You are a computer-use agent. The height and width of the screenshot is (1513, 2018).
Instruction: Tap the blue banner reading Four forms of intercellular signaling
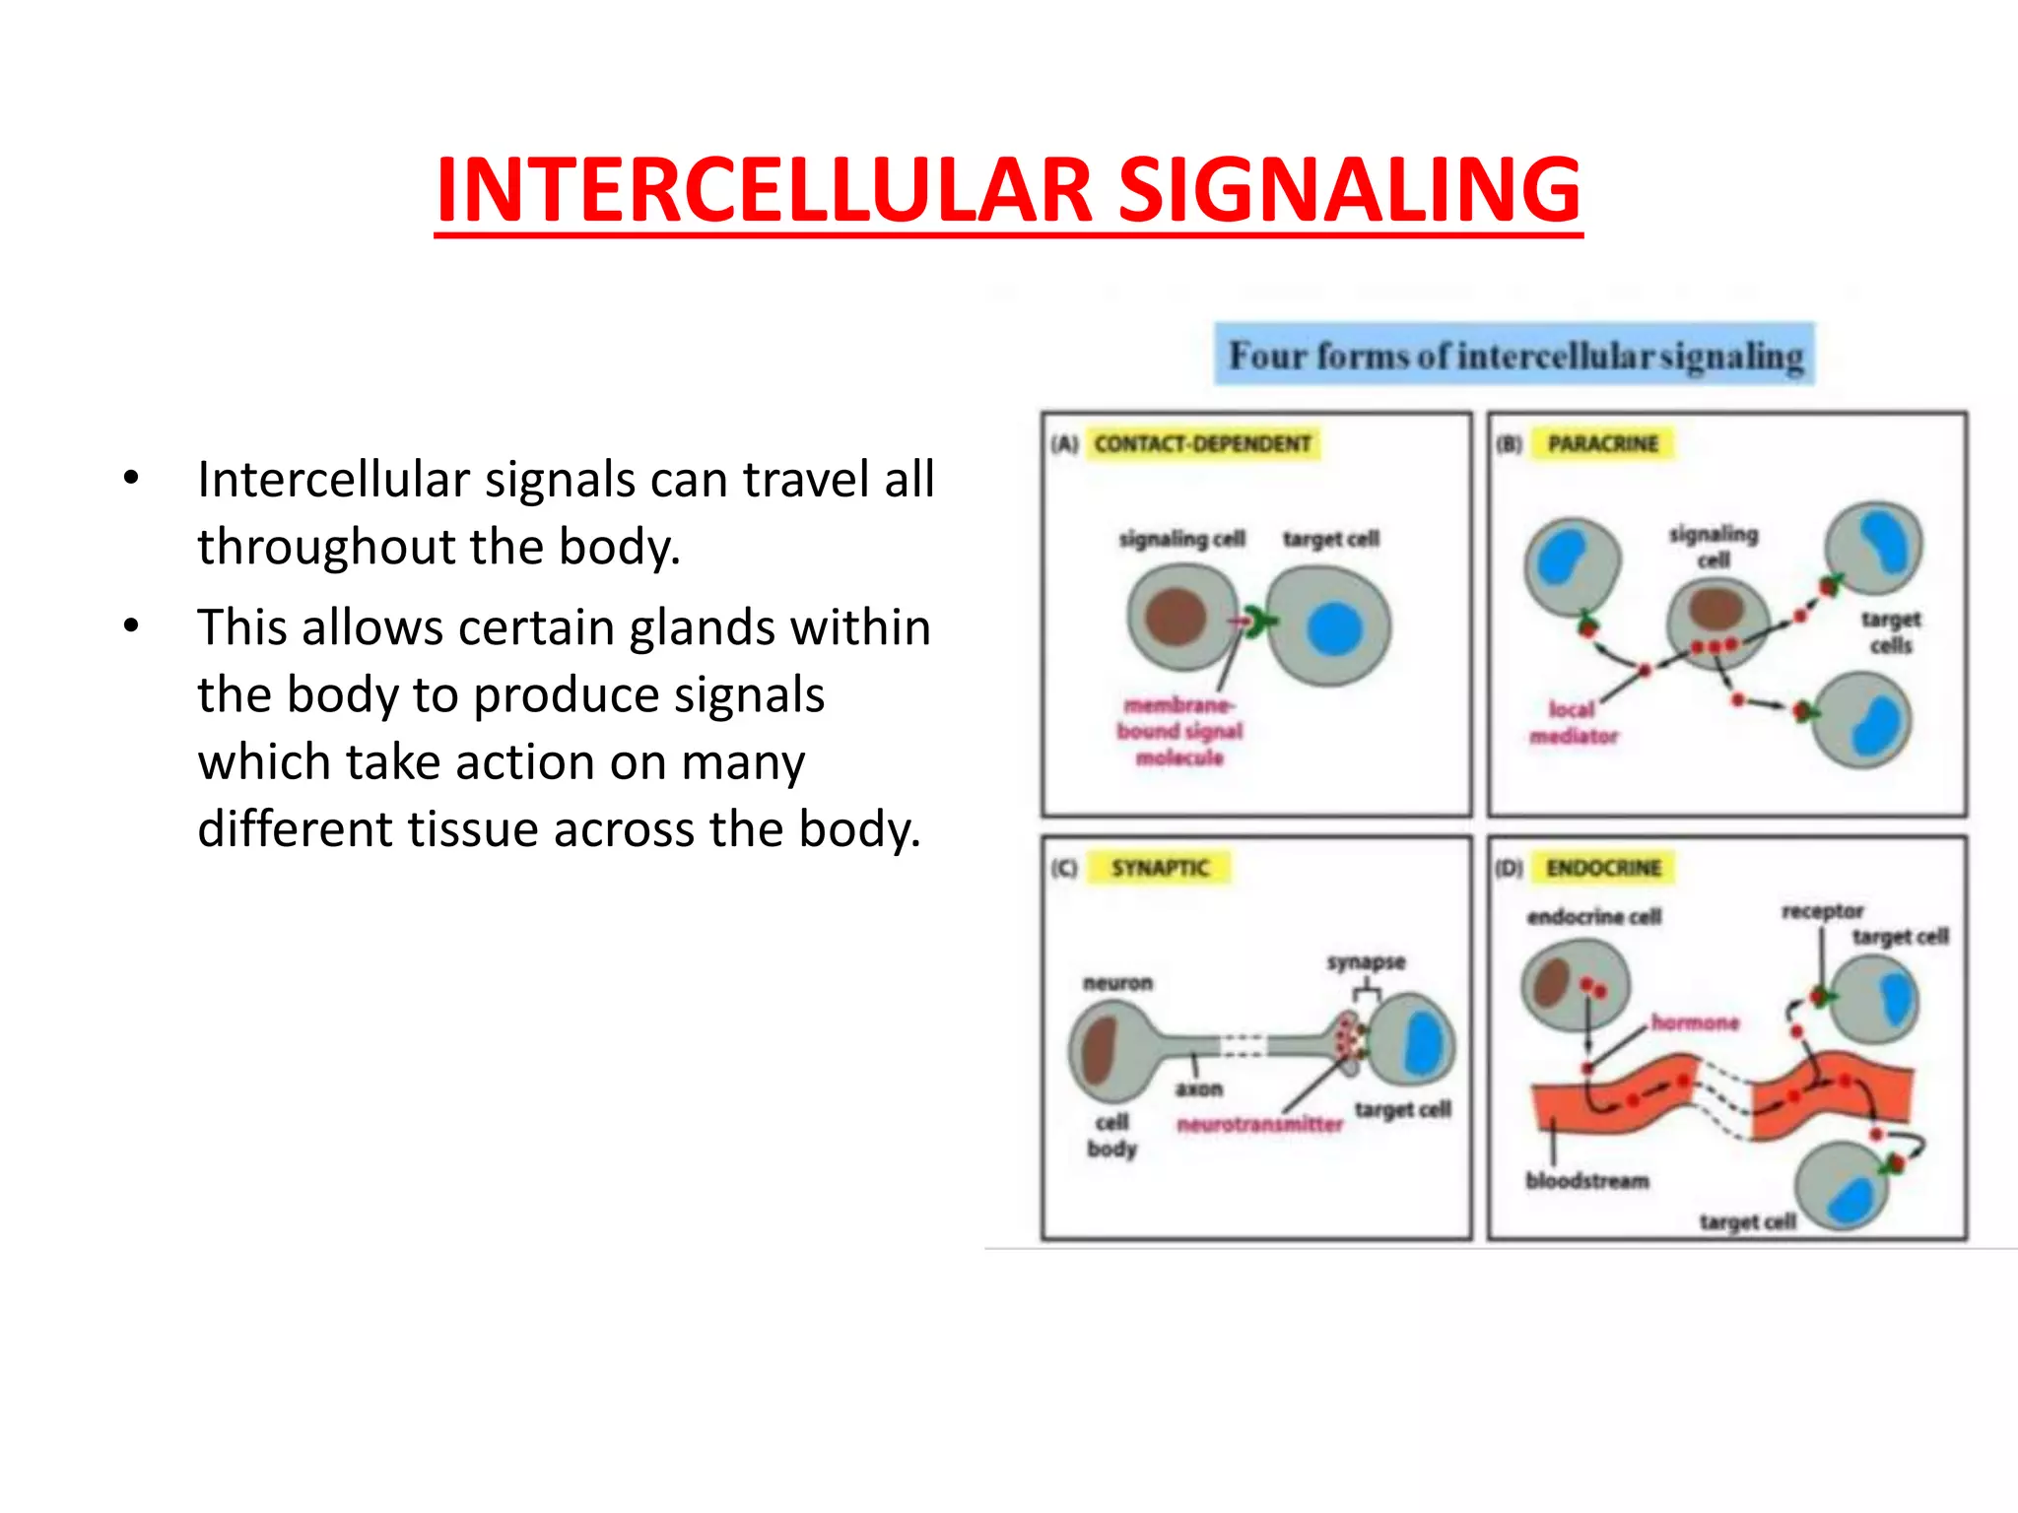[x=1514, y=355]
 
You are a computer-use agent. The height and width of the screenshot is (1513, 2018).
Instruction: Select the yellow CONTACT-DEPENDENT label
[x=1202, y=444]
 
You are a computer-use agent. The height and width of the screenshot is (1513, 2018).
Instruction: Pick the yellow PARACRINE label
[x=1603, y=444]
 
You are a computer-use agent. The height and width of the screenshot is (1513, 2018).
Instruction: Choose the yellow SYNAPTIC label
[x=1160, y=868]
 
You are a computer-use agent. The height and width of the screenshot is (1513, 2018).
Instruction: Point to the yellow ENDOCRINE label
[x=1603, y=868]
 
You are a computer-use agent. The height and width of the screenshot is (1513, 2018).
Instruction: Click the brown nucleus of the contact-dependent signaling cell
[x=1176, y=617]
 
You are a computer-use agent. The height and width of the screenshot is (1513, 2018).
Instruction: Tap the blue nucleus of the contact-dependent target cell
[x=1334, y=628]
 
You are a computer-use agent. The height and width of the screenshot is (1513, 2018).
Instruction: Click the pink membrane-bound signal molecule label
[x=1179, y=731]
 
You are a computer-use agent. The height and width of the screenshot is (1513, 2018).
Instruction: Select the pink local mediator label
[x=1573, y=722]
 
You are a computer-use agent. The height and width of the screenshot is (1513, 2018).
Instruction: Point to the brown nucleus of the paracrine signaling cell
[x=1716, y=608]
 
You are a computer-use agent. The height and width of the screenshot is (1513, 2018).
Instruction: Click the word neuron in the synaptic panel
[x=1117, y=983]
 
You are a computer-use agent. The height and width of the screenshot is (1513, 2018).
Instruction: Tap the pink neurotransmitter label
[x=1259, y=1124]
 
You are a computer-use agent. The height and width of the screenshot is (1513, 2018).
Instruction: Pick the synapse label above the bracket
[x=1366, y=962]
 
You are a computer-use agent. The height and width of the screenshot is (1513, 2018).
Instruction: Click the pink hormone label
[x=1695, y=1022]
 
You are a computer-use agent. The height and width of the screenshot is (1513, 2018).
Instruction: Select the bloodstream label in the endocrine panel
[x=1586, y=1180]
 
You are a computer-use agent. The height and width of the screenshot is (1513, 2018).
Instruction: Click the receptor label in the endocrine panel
[x=1822, y=911]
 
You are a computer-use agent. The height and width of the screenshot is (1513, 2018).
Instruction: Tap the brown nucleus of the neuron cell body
[x=1098, y=1051]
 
